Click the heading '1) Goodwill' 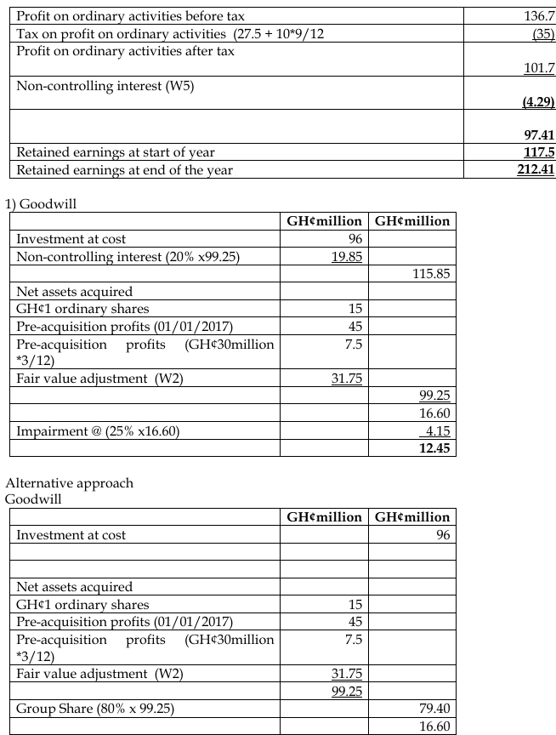click(37, 204)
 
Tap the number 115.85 click(430, 274)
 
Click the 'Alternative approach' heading click(70, 483)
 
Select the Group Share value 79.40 click(434, 708)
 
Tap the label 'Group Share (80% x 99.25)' click(90, 708)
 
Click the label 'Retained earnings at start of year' click(116, 152)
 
